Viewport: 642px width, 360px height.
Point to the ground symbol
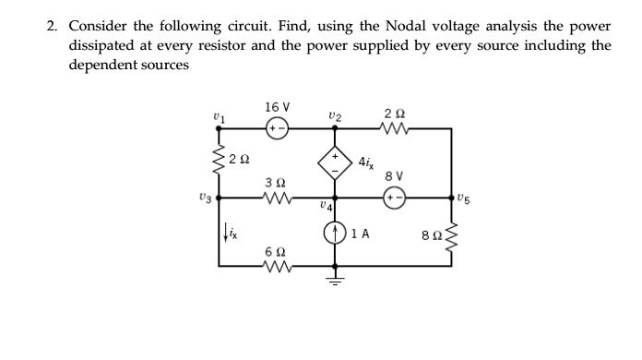click(334, 279)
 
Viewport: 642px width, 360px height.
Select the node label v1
click(218, 115)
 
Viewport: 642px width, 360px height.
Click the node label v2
click(334, 115)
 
